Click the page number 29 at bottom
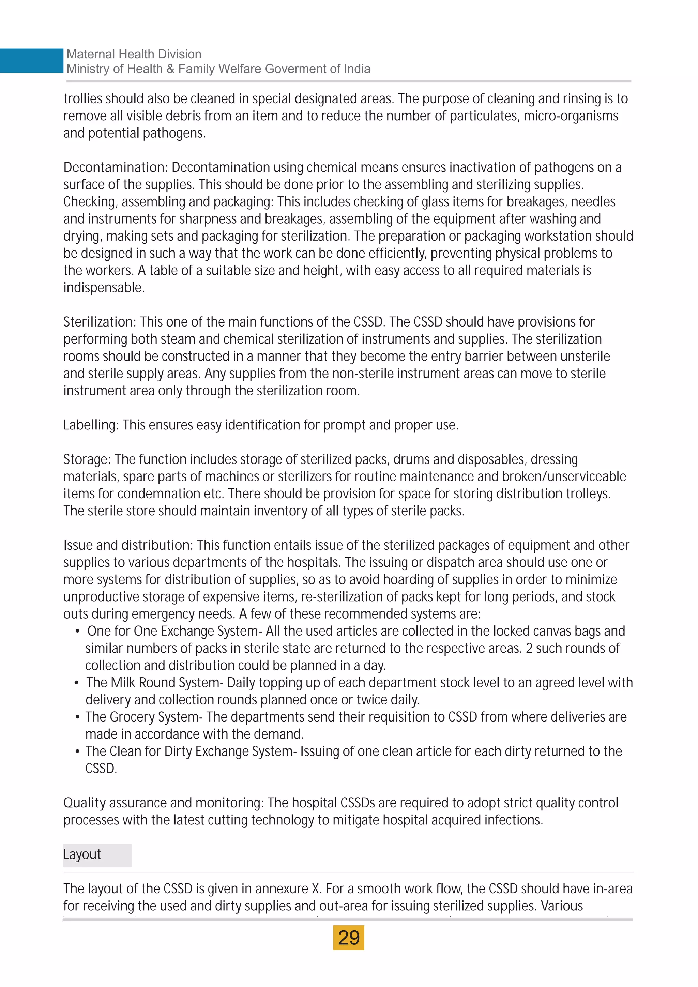[349, 938]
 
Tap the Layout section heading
[82, 854]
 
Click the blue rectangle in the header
[31, 61]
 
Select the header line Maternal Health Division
[134, 54]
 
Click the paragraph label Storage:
[87, 459]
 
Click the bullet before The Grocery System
[77, 717]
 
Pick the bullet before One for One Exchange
[77, 631]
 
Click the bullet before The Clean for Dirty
[77, 751]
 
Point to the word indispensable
[103, 288]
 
